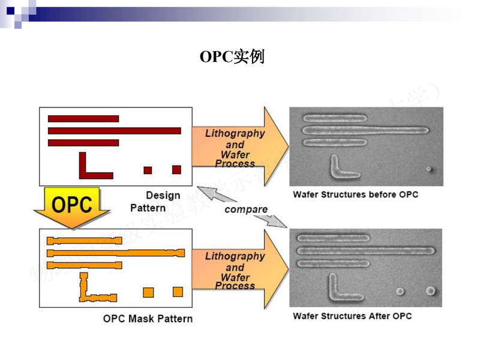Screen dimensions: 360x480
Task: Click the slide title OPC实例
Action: [232, 57]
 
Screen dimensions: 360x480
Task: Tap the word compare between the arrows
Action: [246, 209]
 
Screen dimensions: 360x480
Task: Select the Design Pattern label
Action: [155, 202]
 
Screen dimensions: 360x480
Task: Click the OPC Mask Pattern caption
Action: [148, 318]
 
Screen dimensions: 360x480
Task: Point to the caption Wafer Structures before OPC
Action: [355, 194]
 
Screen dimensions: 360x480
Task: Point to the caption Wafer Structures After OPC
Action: [352, 316]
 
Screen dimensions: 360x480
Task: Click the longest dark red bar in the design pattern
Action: [114, 131]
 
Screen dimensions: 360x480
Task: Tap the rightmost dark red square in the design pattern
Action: [176, 170]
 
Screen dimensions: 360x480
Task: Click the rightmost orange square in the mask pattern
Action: [178, 292]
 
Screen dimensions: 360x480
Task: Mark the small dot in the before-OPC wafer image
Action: [428, 169]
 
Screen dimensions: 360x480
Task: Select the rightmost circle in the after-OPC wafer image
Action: [430, 291]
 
